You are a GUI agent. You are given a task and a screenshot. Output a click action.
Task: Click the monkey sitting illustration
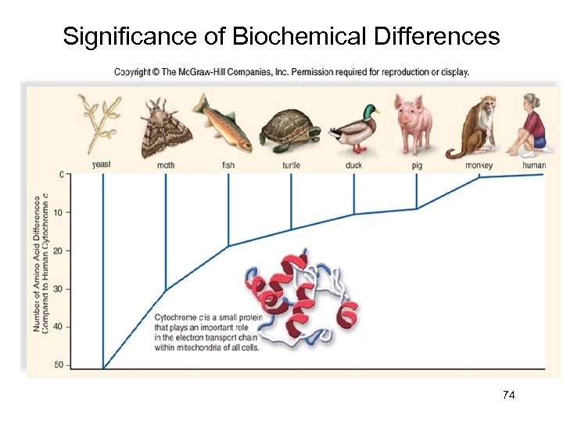(x=475, y=125)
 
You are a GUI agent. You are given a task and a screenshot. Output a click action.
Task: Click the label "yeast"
(x=102, y=164)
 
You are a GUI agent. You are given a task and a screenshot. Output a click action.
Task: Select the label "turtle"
(x=291, y=164)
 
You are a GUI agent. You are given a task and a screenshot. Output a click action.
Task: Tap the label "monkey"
(x=479, y=164)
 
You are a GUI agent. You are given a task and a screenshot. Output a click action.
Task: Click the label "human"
(x=533, y=164)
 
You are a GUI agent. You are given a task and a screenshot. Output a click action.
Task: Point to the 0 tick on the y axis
(x=61, y=174)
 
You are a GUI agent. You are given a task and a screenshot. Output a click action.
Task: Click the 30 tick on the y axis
(x=58, y=289)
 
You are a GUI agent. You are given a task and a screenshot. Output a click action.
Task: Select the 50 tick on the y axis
(x=58, y=365)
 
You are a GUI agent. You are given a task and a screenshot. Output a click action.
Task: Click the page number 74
(x=508, y=396)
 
